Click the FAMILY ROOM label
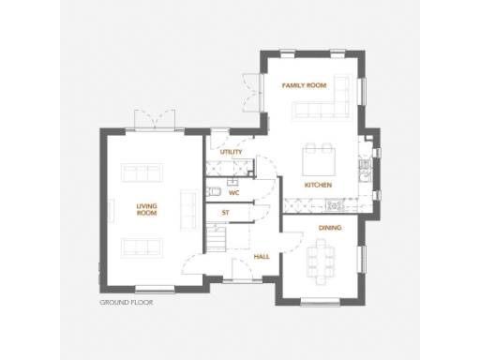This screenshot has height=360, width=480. [305, 85]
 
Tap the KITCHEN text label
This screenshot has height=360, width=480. [318, 186]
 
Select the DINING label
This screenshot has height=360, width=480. [330, 227]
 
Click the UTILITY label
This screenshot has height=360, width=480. [231, 152]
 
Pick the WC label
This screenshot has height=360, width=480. [234, 192]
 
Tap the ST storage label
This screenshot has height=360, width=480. [226, 214]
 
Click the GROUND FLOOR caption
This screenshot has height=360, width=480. [126, 304]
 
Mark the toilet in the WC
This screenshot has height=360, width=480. [214, 192]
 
